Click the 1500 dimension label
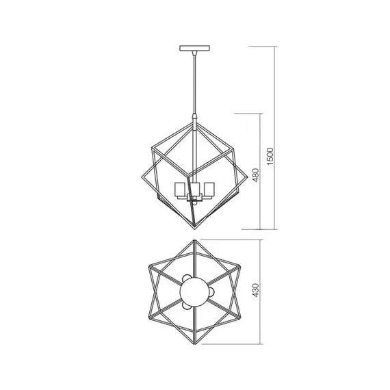270,156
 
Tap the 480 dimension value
255,175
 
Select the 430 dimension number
255,290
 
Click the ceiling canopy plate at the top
194,49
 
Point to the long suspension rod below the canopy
194,83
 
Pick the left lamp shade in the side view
180,190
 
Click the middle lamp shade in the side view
196,190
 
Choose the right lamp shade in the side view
209,190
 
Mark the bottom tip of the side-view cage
195,229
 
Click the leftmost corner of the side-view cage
141,177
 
